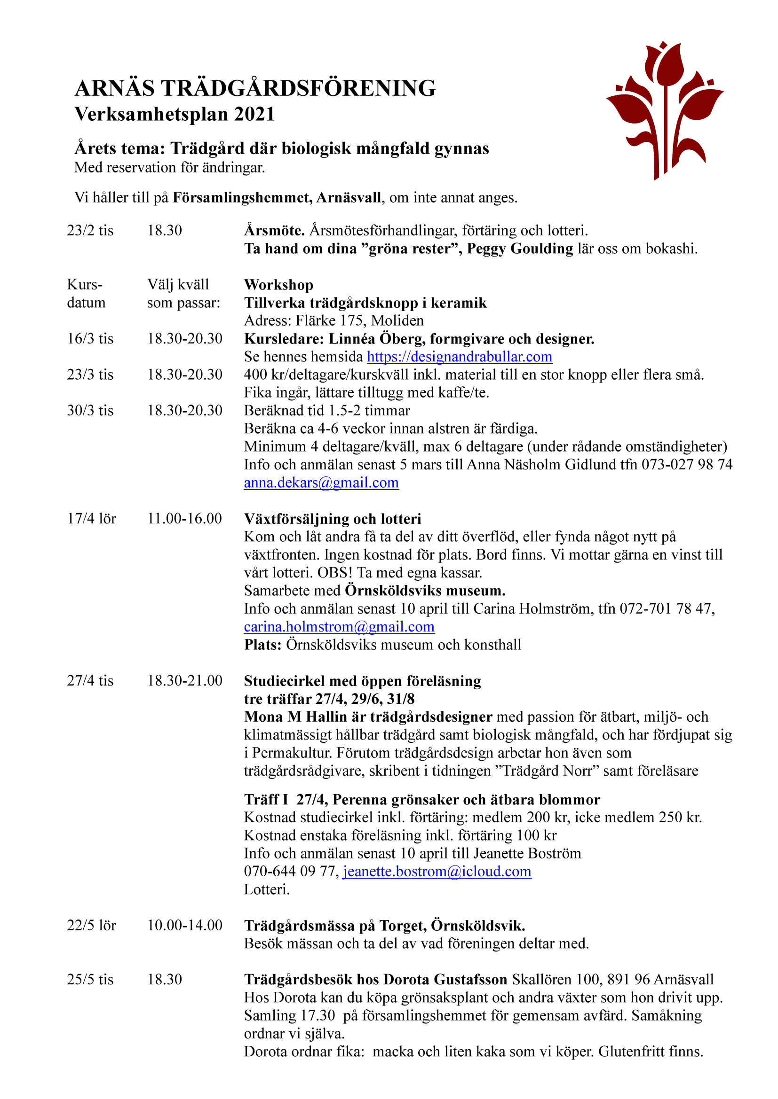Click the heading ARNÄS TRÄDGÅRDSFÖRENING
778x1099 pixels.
pos(255,88)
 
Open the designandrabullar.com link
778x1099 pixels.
pos(460,357)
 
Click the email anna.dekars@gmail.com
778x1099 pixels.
pos(321,483)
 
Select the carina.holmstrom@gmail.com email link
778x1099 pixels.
pos(339,627)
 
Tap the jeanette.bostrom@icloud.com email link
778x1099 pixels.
pos(437,871)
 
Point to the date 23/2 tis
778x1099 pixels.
pos(90,231)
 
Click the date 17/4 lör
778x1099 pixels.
pos(92,518)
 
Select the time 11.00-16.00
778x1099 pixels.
pos(184,518)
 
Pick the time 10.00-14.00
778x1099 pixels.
pos(184,925)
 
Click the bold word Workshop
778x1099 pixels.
pos(278,285)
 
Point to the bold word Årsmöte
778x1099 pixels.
pos(275,231)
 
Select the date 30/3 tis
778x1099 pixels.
pos(90,411)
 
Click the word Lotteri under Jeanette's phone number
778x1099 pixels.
pos(266,889)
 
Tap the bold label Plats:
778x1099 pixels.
pos(262,645)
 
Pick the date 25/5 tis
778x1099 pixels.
pos(90,979)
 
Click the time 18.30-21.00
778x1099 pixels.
pos(184,681)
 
